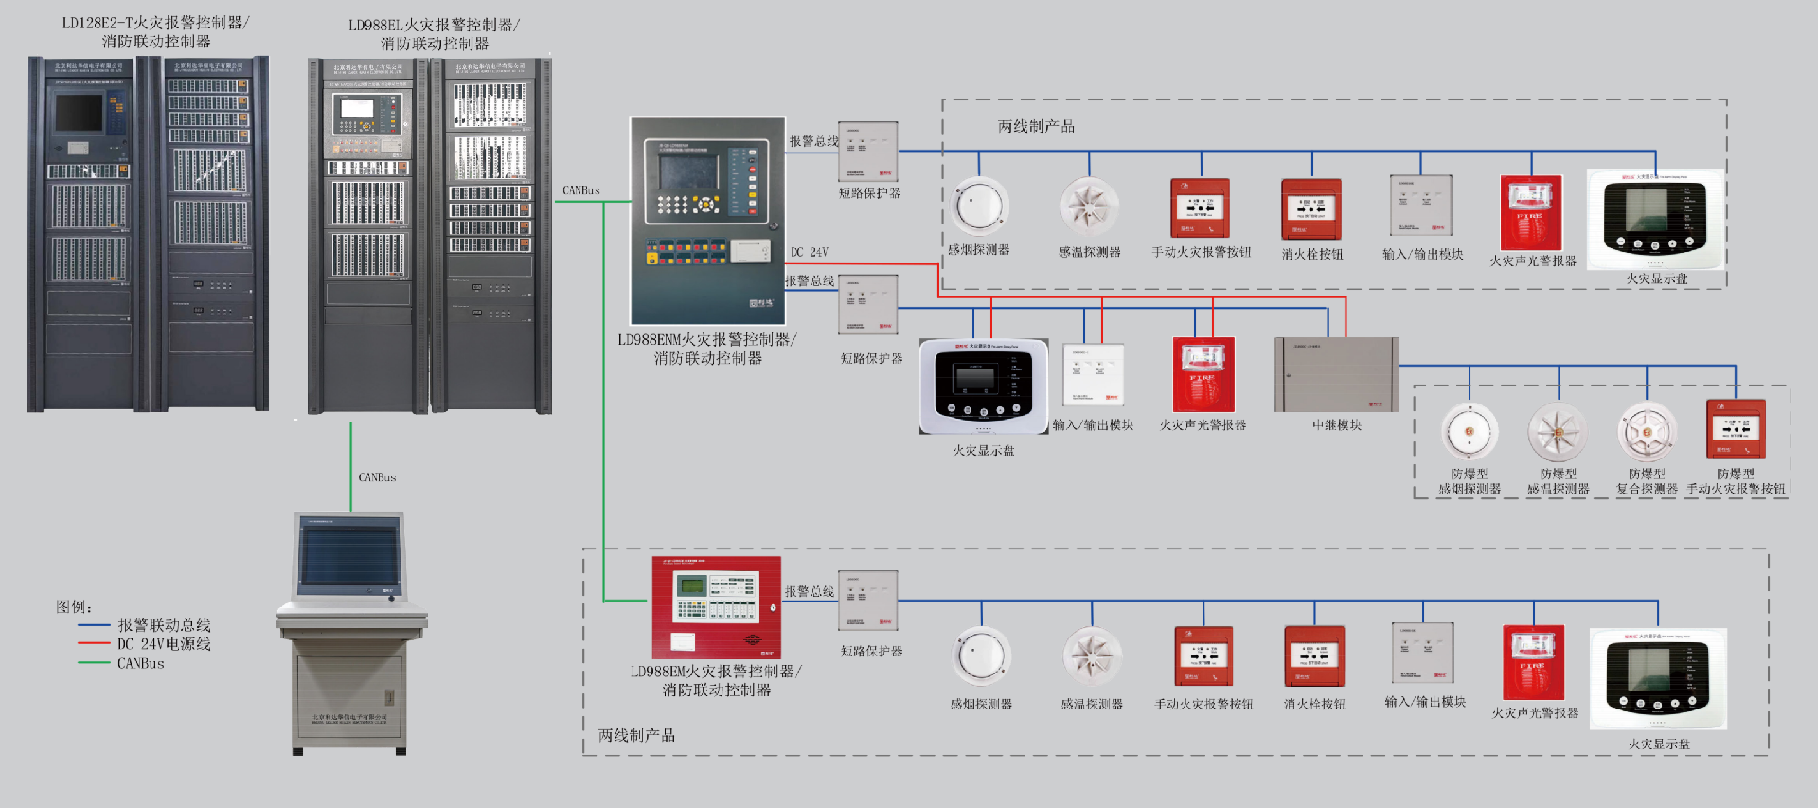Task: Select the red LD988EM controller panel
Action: pyautogui.click(x=716, y=607)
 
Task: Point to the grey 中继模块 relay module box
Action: pyautogui.click(x=1336, y=374)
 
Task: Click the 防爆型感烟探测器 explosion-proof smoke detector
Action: pyautogui.click(x=1470, y=432)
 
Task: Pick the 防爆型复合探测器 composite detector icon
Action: pyautogui.click(x=1648, y=432)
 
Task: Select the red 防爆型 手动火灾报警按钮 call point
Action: pyautogui.click(x=1736, y=429)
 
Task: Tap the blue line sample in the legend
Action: pyautogui.click(x=94, y=625)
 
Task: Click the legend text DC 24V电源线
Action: pyautogui.click(x=164, y=644)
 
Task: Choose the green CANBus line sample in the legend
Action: pyautogui.click(x=94, y=663)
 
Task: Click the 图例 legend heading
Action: pyautogui.click(x=74, y=606)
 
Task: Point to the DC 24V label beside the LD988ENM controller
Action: pyautogui.click(x=810, y=252)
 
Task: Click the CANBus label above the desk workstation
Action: pyautogui.click(x=377, y=477)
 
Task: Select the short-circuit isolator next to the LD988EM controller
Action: pyautogui.click(x=867, y=601)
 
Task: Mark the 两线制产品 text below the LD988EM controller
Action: pyautogui.click(x=636, y=735)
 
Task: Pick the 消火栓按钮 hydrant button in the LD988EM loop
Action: pyautogui.click(x=1314, y=655)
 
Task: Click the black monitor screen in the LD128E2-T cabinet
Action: pyautogui.click(x=79, y=114)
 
